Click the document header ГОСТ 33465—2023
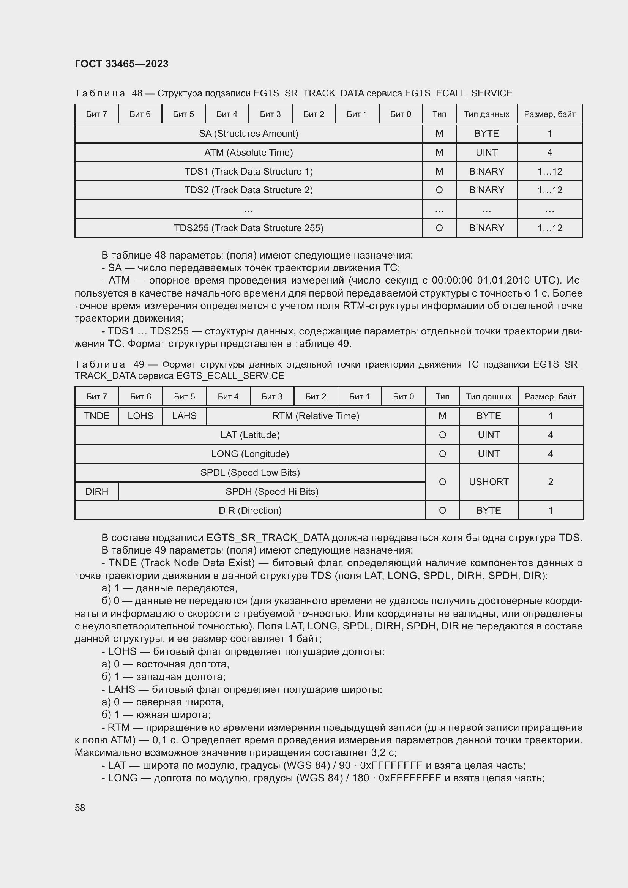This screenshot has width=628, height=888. point(121,64)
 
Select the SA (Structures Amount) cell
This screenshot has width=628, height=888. point(248,133)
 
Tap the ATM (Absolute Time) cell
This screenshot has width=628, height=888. point(248,152)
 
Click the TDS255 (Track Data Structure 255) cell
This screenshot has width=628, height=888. point(248,228)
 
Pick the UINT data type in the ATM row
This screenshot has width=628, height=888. point(486,152)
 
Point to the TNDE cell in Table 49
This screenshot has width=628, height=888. point(97,416)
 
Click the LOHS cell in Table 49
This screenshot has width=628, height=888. point(140,416)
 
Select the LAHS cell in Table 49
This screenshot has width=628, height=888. point(184,416)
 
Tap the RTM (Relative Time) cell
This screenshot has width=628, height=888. point(316,416)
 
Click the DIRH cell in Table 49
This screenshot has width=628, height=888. point(97,491)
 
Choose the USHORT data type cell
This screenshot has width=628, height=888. point(488,482)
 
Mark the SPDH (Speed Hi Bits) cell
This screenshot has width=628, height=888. point(272,491)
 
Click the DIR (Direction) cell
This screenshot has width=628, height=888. point(250,510)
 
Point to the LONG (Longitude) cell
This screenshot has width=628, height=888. point(250,454)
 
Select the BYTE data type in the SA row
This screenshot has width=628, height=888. point(486,133)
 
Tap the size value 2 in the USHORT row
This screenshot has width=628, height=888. point(550,482)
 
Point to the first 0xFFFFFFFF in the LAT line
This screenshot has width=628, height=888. point(391,765)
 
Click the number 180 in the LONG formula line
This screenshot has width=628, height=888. point(360,778)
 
